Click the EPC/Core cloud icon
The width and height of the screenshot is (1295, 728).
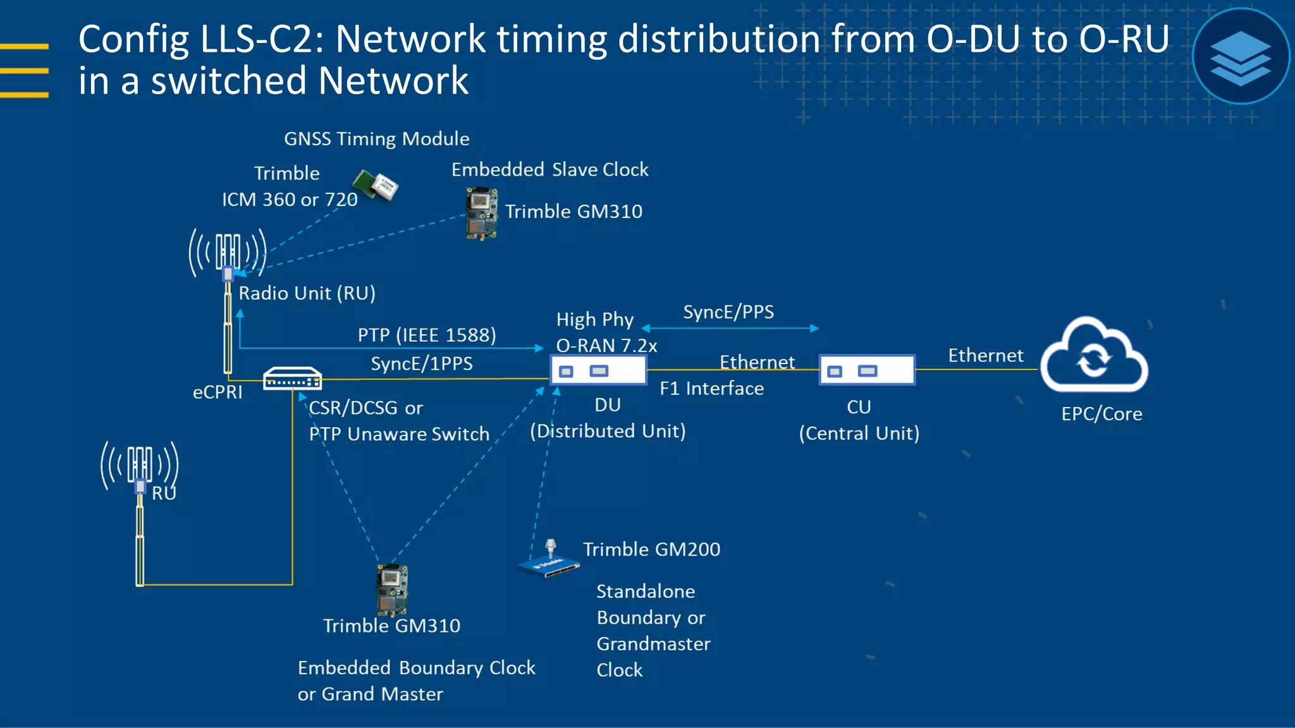[1094, 357]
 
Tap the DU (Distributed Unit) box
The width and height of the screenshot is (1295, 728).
[598, 370]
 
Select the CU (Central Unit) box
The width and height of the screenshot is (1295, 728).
[867, 370]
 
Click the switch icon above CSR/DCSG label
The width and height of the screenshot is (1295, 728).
[292, 379]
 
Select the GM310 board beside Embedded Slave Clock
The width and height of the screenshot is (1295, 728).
[481, 214]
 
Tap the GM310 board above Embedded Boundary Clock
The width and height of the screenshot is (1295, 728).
[392, 590]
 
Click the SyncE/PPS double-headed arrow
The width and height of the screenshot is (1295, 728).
[730, 328]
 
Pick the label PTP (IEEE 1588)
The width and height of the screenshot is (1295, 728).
[427, 335]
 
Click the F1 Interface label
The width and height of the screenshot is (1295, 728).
[711, 388]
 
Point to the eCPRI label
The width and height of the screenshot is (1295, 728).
[218, 392]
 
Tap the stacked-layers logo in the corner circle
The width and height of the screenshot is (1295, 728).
[1240, 57]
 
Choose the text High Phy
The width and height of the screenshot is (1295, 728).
[594, 320]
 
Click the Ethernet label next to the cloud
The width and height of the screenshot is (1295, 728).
[985, 356]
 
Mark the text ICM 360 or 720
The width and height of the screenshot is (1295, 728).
[290, 200]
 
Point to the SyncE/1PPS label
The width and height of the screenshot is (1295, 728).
[421, 364]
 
